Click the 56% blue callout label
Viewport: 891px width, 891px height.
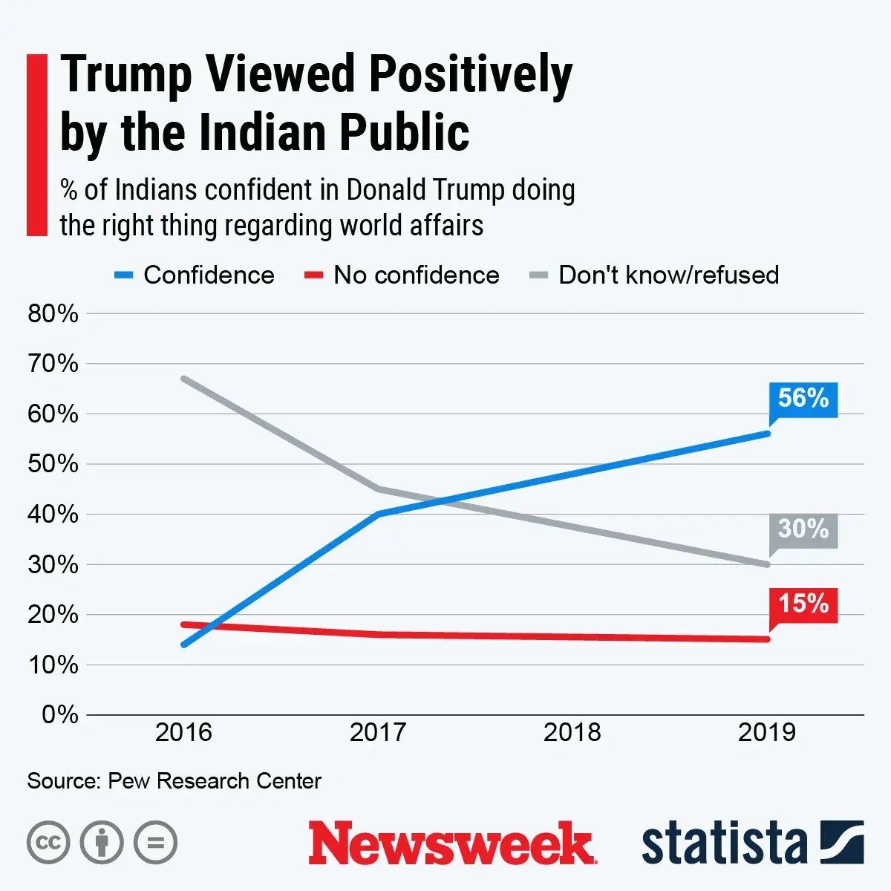point(803,399)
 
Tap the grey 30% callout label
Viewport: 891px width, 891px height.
point(803,529)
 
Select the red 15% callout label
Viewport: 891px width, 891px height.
point(803,604)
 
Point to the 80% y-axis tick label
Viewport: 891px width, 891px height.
point(53,313)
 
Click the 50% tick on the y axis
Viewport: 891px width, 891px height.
point(53,464)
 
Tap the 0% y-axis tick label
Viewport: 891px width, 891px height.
point(59,714)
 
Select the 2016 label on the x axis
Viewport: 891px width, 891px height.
point(183,733)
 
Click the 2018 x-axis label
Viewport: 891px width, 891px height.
point(572,733)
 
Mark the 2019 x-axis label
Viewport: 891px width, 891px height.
point(767,733)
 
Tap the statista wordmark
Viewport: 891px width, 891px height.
point(724,843)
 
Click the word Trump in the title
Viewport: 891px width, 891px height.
point(126,76)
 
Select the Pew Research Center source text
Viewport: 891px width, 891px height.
point(214,781)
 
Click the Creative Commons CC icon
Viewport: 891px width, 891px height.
point(48,843)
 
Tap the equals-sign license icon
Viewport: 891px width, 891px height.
point(156,843)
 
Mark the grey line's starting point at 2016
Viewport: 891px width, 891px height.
point(183,379)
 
